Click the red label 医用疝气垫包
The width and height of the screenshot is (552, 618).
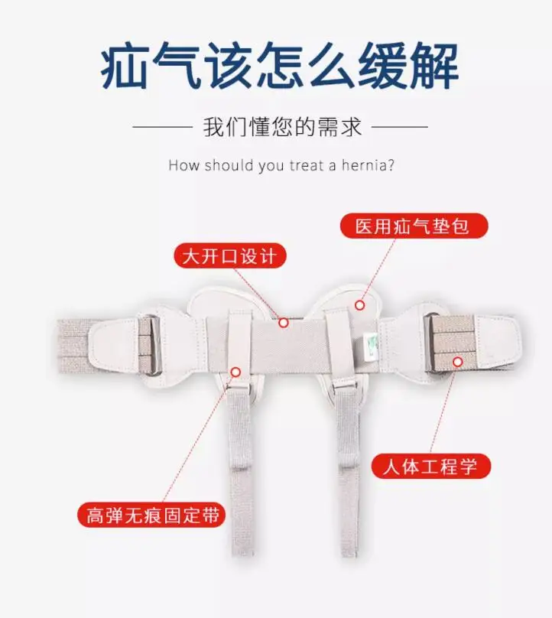pyautogui.click(x=414, y=226)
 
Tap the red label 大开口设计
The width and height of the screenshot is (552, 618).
pyautogui.click(x=230, y=255)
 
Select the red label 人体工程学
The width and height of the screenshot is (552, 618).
pyautogui.click(x=431, y=467)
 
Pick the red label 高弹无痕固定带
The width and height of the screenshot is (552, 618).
pyautogui.click(x=151, y=515)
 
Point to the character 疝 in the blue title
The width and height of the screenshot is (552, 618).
pyautogui.click(x=124, y=66)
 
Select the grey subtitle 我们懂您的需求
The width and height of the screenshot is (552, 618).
pyautogui.click(x=282, y=127)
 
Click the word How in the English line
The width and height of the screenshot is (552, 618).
pyautogui.click(x=183, y=165)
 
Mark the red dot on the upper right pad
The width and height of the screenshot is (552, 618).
pyautogui.click(x=359, y=304)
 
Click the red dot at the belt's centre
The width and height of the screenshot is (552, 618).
pyautogui.click(x=284, y=323)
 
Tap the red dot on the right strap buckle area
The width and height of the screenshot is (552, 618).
pyautogui.click(x=457, y=362)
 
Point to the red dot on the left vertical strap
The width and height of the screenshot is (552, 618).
pyautogui.click(x=235, y=372)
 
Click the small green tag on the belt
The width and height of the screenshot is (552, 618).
pyautogui.click(x=369, y=346)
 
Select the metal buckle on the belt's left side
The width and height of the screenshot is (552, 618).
pyautogui.click(x=153, y=344)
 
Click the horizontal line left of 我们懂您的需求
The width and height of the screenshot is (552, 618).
pyautogui.click(x=162, y=127)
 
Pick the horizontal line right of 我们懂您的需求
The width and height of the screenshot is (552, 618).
pyautogui.click(x=400, y=127)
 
